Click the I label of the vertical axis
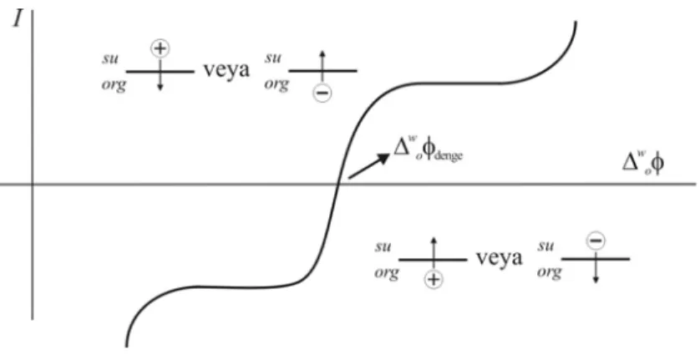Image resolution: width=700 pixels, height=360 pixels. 18,18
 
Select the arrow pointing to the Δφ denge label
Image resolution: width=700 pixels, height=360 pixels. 368,165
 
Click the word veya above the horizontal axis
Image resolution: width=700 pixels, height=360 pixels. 226,70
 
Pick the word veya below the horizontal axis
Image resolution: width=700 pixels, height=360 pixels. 499,258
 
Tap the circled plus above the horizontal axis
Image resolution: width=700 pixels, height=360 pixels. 160,48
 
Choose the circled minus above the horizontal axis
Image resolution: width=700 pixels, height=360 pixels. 322,93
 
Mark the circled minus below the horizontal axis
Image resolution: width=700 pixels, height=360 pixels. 596,241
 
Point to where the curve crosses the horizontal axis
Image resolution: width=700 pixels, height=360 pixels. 337,184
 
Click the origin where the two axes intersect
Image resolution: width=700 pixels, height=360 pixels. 33,184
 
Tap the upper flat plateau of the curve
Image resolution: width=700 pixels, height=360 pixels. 459,83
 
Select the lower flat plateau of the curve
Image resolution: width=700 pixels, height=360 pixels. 241,286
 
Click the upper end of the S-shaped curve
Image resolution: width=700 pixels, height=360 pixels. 576,23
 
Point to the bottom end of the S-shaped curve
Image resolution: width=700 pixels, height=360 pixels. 127,346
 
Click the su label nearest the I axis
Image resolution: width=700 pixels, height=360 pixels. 109,59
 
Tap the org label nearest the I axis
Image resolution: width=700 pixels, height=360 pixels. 114,85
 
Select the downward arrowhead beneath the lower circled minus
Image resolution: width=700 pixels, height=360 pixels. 596,279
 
